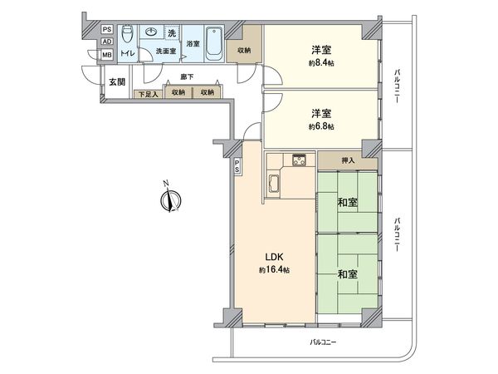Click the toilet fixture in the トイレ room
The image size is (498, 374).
[x=126, y=36]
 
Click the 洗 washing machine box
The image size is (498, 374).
[x=171, y=34]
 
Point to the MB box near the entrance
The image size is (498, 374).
[x=106, y=55]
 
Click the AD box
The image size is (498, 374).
[x=106, y=42]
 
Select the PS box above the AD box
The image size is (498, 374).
[x=106, y=30]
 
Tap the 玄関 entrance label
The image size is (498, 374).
[x=116, y=81]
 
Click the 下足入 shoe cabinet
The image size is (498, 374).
[x=149, y=92]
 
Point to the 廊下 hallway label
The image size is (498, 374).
[x=187, y=77]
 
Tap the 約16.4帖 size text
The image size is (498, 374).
[x=275, y=269]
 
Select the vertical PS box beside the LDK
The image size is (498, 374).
[x=237, y=166]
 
